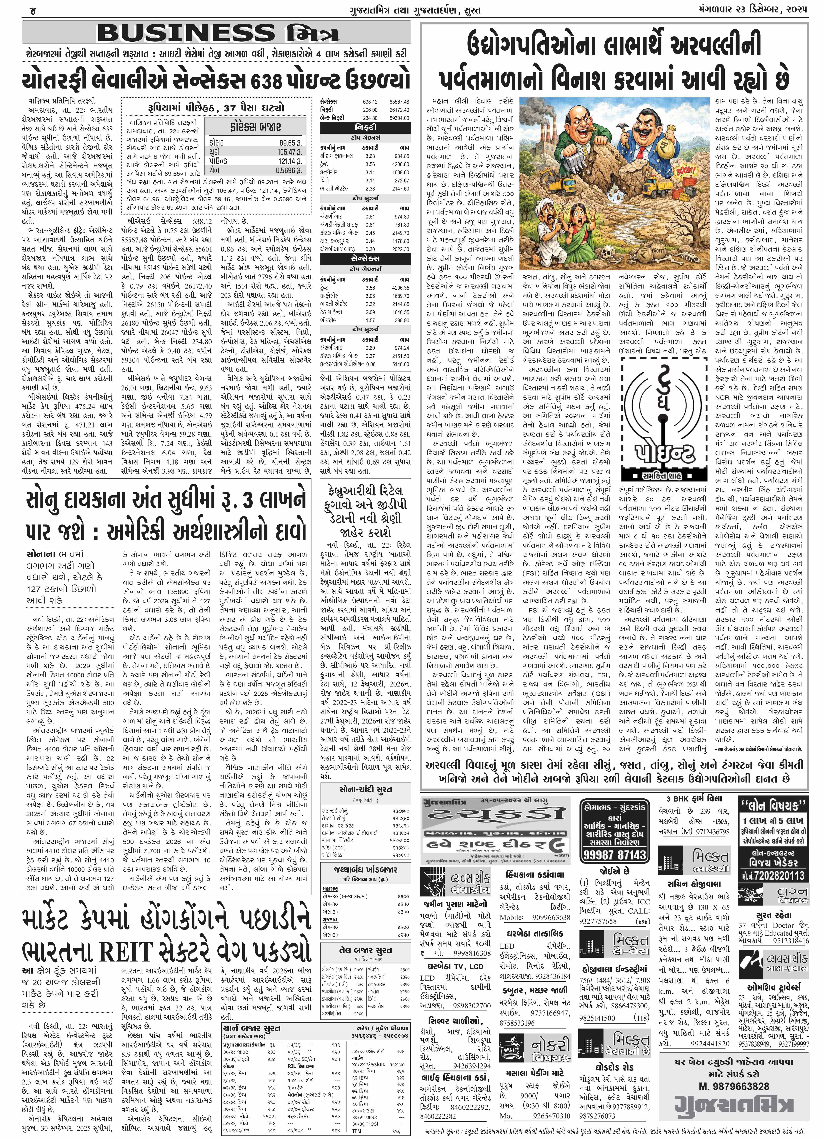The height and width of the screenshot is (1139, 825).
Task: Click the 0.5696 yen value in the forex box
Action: (x=288, y=170)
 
